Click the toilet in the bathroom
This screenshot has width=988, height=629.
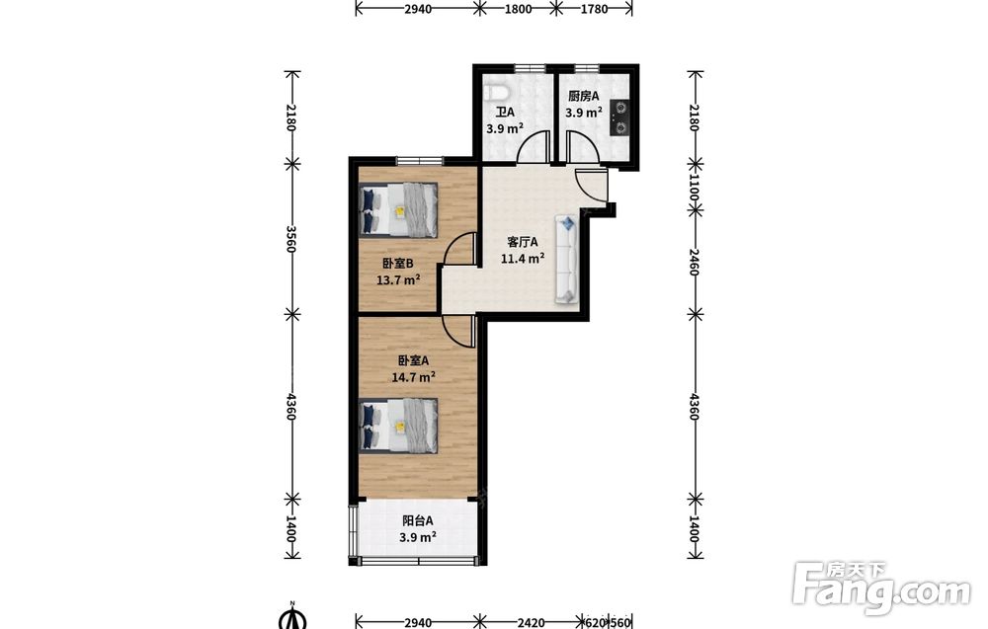[x=498, y=92]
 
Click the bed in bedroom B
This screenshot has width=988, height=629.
[x=398, y=210]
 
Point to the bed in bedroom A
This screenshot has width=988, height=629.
[x=398, y=425]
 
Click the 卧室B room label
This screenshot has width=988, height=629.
[x=397, y=264]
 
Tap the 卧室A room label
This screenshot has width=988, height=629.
[x=413, y=360]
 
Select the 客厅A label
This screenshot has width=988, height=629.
[x=523, y=242]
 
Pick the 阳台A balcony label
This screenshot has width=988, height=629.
[x=418, y=520]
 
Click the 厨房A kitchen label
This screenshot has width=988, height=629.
[x=583, y=96]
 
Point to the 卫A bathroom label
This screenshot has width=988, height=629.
[x=505, y=112]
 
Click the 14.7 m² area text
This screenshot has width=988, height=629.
[x=413, y=377]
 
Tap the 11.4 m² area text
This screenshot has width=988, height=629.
[x=523, y=258]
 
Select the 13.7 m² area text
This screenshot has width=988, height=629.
[x=398, y=279]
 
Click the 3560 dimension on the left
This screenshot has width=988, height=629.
[x=291, y=239]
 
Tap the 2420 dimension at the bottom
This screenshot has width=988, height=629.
[x=532, y=623]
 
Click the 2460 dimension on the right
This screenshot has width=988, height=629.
[x=694, y=262]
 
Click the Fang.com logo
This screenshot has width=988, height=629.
[x=881, y=589]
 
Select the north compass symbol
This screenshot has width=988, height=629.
[x=291, y=617]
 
